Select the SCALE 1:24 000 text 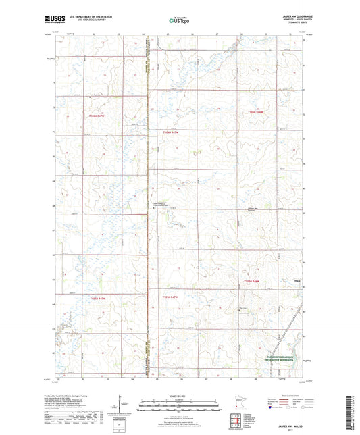click(180, 394)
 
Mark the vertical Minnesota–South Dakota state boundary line click(148, 203)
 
